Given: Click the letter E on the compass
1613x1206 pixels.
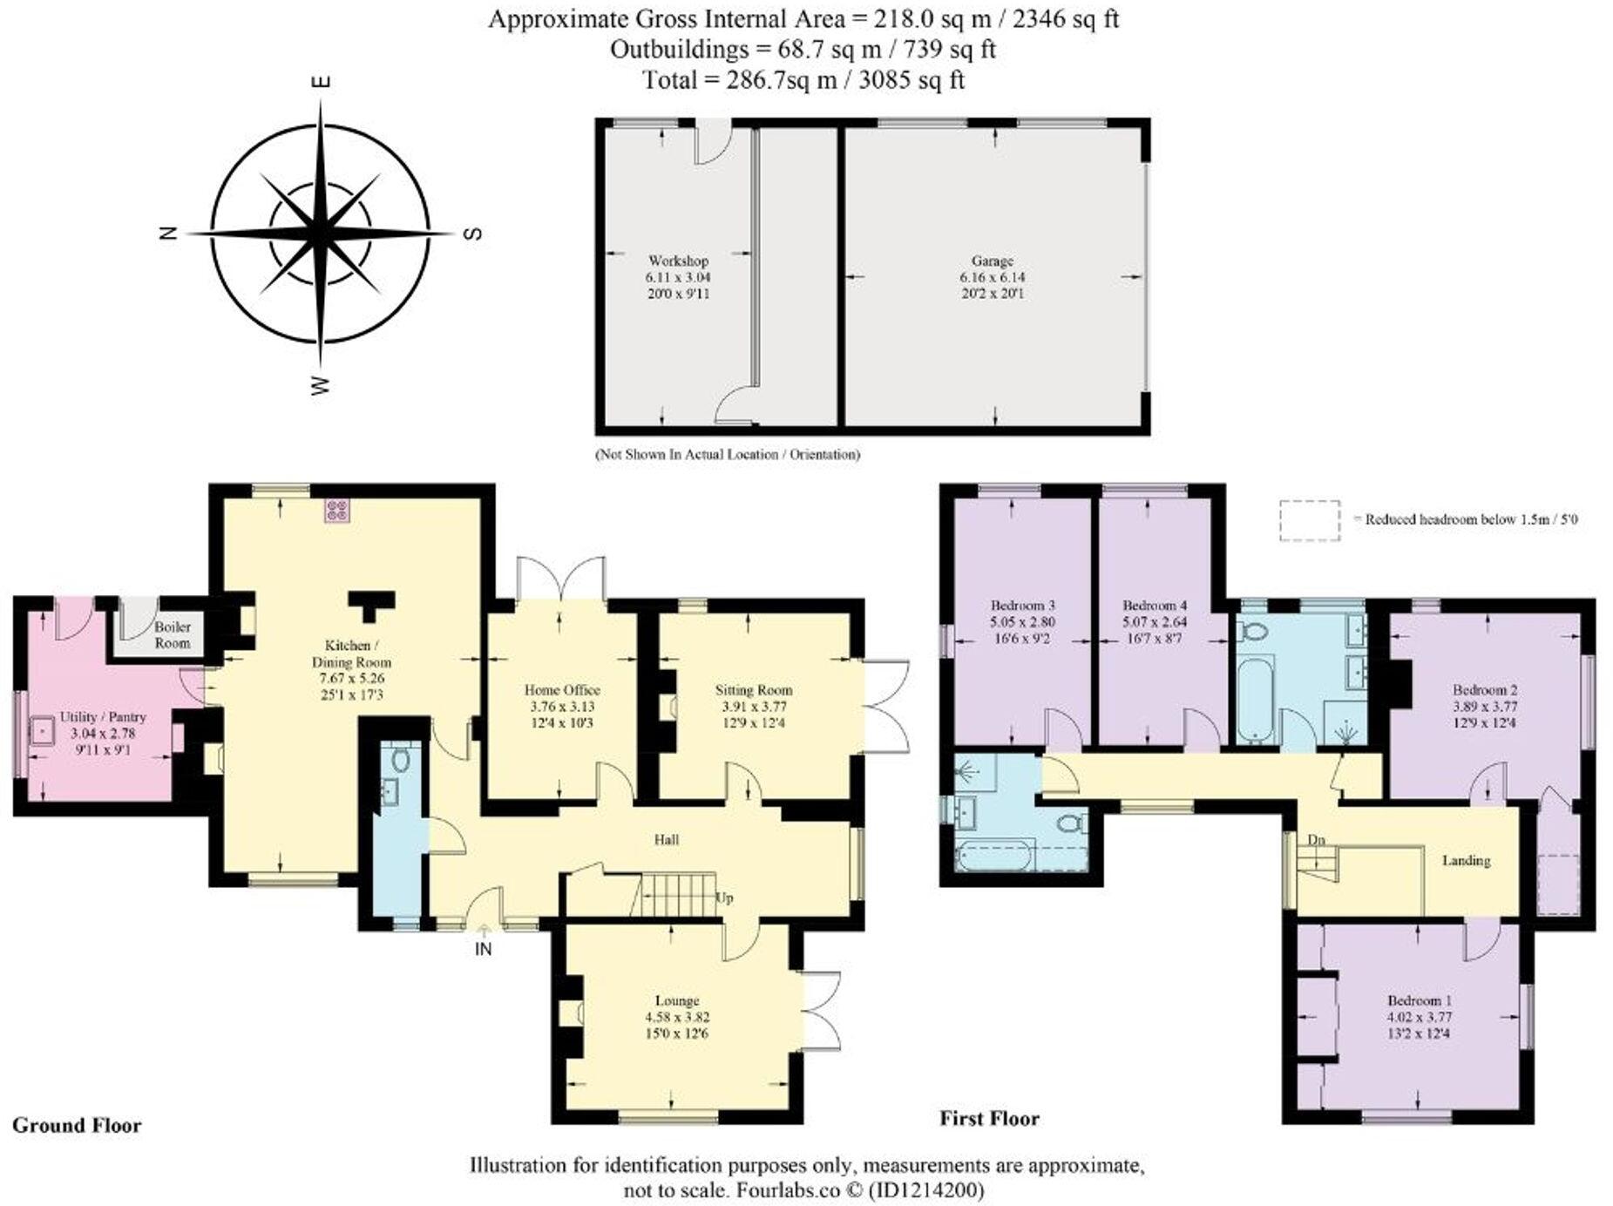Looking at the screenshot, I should click(322, 83).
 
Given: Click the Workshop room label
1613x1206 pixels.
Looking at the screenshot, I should click(677, 261).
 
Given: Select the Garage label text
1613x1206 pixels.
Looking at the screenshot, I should click(992, 261).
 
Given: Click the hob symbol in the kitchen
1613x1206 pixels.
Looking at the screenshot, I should click(336, 511).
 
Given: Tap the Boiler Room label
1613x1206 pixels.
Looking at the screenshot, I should click(172, 634).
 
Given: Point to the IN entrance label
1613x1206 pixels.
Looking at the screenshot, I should click(483, 949).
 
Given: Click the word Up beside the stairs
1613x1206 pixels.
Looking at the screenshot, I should click(723, 897).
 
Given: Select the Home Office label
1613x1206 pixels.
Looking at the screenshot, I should click(562, 689).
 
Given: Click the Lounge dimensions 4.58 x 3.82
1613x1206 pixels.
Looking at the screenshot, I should click(677, 1017).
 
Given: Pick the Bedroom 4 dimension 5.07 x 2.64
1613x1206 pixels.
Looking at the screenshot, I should click(1155, 621).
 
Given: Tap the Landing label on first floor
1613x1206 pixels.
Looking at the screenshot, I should click(1466, 860).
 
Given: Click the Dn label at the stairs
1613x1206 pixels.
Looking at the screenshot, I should click(1316, 839).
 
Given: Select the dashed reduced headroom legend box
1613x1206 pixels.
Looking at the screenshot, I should click(1309, 520).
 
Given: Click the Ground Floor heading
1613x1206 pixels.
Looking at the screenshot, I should click(77, 1125).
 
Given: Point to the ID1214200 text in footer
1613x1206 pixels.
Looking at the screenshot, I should click(926, 1189).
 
